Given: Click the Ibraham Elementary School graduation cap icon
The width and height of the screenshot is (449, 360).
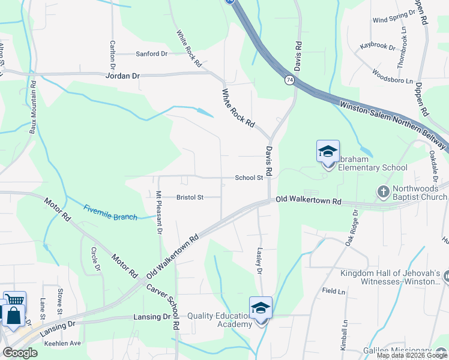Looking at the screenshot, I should click(x=328, y=151).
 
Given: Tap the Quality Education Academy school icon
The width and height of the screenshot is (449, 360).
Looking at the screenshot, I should click(x=261, y=308).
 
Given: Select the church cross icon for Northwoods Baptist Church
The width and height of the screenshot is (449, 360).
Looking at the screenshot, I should click(x=384, y=192).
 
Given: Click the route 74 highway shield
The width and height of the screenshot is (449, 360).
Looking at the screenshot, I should click(x=290, y=80).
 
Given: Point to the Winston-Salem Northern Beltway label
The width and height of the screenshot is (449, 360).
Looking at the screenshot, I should click(x=393, y=125).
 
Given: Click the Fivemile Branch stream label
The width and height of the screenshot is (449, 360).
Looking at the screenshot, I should click(x=110, y=212).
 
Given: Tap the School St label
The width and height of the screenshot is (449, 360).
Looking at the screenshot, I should click(x=249, y=178).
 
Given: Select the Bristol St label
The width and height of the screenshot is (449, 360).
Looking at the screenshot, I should click(x=190, y=197).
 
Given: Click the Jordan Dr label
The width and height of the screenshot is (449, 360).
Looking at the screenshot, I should click(x=122, y=76).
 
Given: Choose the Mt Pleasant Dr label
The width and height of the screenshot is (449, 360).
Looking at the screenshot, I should click(x=159, y=213).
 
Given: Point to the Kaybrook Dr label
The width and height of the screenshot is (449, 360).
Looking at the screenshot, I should click(x=378, y=46).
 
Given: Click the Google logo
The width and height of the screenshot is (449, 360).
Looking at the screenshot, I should click(x=19, y=353).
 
